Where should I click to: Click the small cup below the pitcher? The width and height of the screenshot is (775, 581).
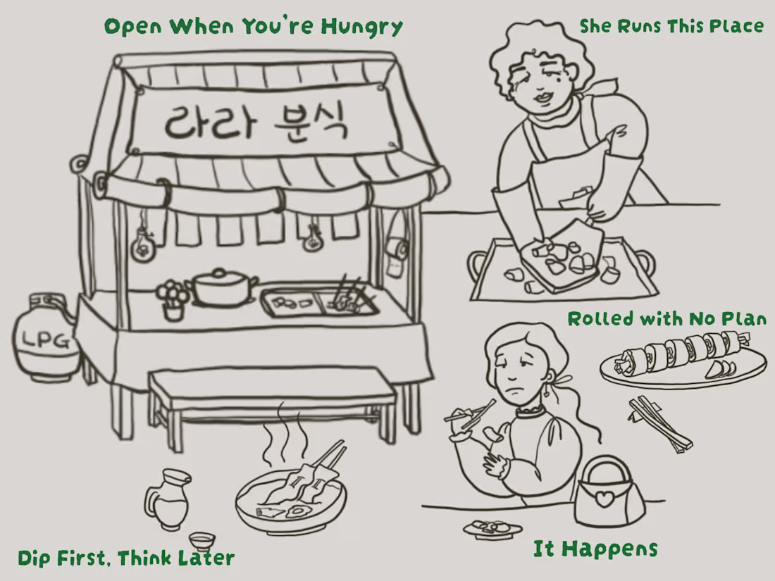pyautogui.click(x=201, y=542)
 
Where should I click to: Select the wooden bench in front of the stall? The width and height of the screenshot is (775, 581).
pyautogui.click(x=273, y=403)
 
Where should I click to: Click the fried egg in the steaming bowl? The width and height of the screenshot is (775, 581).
pyautogui.click(x=297, y=511)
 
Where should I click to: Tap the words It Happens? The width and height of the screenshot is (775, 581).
pyautogui.click(x=595, y=549)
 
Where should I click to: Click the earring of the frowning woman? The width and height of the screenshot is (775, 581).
pyautogui.click(x=547, y=390)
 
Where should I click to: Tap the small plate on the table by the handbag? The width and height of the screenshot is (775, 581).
pyautogui.click(x=492, y=527)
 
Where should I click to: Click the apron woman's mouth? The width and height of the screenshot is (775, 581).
pyautogui.click(x=543, y=96)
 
